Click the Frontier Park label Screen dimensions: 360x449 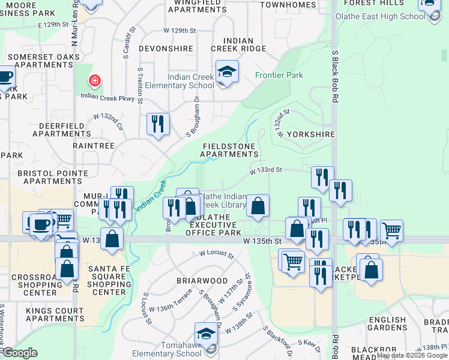point(279,75)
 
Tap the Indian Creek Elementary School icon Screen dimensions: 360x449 point(228,72)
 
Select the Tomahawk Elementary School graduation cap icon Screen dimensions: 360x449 point(206,334)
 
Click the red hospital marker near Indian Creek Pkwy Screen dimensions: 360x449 point(94,80)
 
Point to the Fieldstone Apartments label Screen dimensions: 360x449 point(230,150)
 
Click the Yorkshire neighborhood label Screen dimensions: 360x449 point(310,134)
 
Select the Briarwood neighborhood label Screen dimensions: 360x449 point(202,281)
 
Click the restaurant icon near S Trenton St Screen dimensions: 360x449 point(158,124)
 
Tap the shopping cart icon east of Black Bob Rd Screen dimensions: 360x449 point(391,230)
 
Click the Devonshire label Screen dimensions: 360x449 point(166,49)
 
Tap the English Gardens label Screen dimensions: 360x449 point(387,324)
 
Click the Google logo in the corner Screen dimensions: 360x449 point(20,353)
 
